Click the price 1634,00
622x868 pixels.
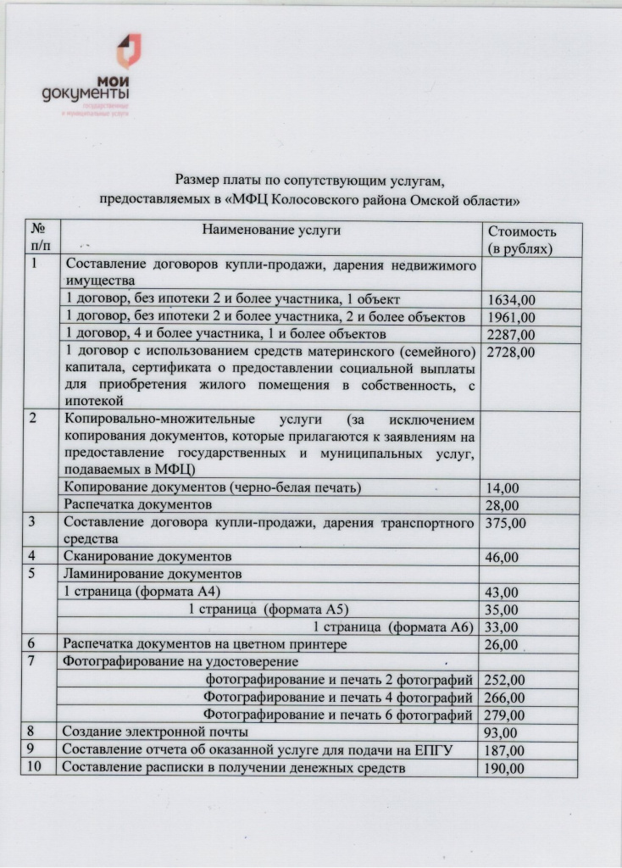pos(512,300)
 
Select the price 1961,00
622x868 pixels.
pos(512,317)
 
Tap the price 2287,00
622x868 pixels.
pos(512,334)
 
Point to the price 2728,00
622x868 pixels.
pos(512,352)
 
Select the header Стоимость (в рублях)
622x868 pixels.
pos(521,241)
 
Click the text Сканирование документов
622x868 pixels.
pos(147,557)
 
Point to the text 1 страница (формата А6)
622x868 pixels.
pos(392,627)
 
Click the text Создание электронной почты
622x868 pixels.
pos(156,732)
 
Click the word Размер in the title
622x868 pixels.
pos(200,180)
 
